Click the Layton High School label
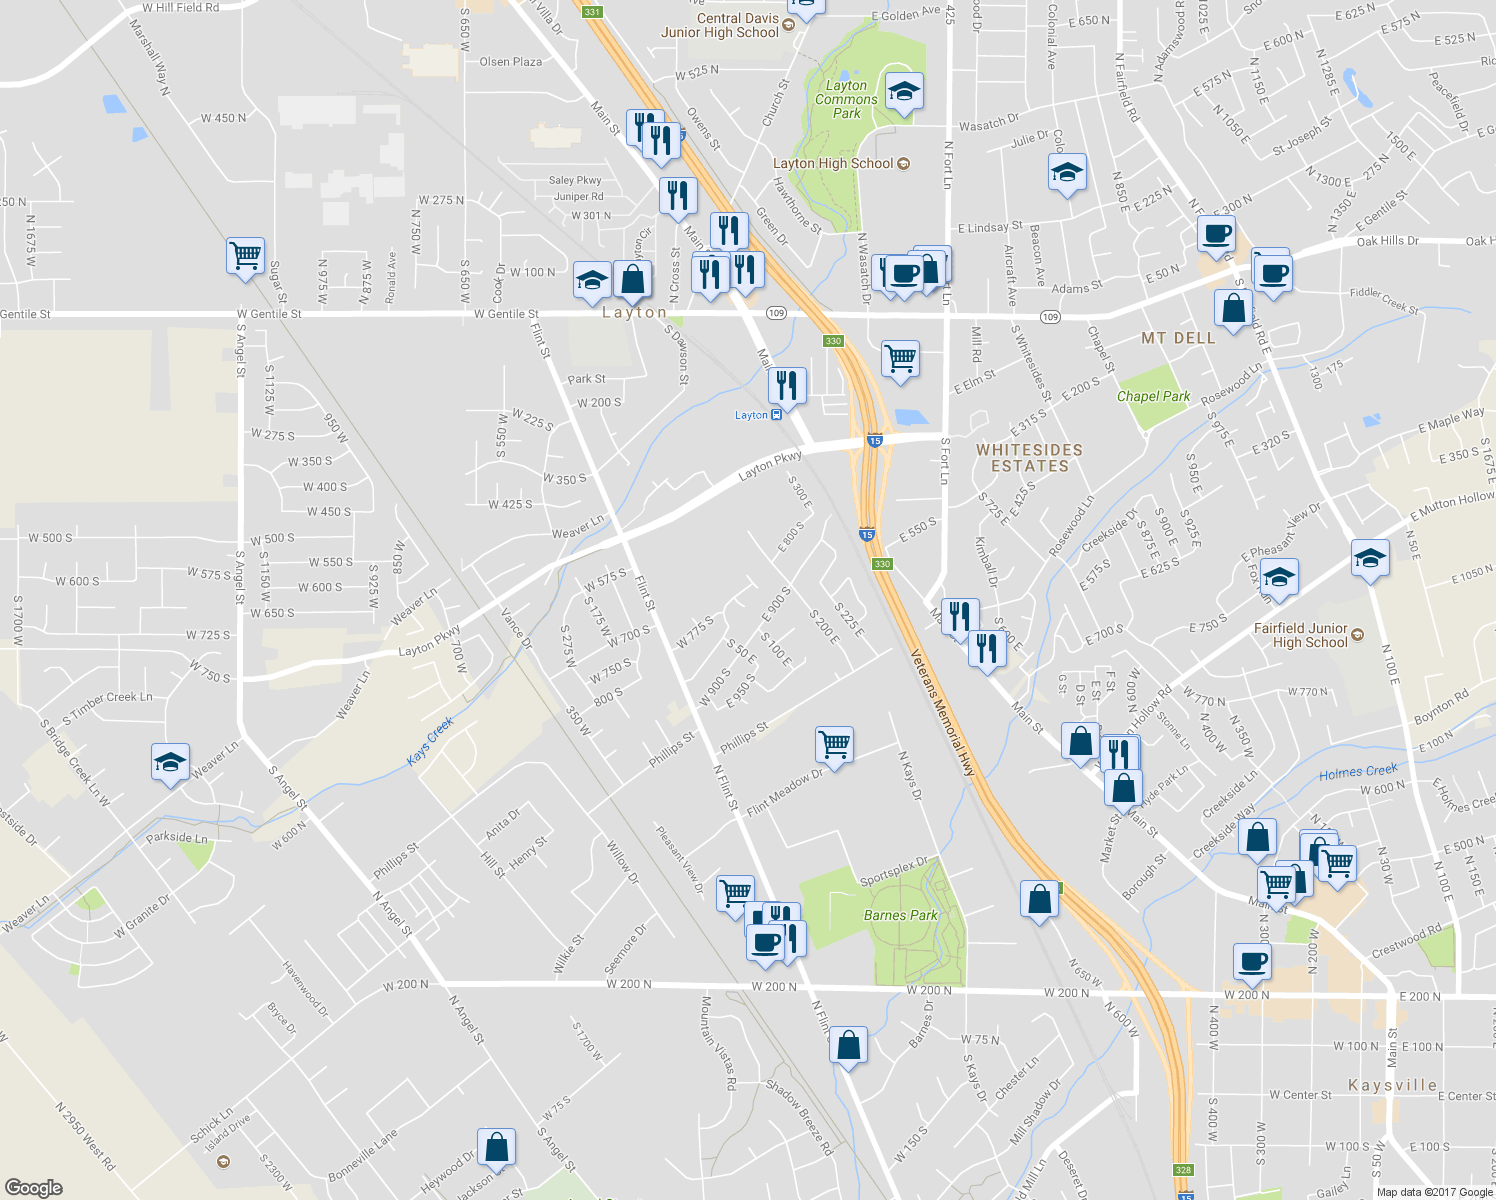833,163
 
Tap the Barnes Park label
900,915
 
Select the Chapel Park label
1153,396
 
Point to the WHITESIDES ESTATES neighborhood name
1030,458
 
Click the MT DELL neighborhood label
1178,338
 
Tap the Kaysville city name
1392,1085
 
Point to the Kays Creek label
430,741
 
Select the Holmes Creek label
1358,772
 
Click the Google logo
33,1187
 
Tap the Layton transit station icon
776,415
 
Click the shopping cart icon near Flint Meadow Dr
834,744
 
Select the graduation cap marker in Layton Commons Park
904,92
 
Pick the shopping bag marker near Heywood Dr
496,1147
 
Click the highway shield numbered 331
592,12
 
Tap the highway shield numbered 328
1183,1170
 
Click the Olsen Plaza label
510,62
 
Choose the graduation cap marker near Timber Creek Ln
170,763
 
